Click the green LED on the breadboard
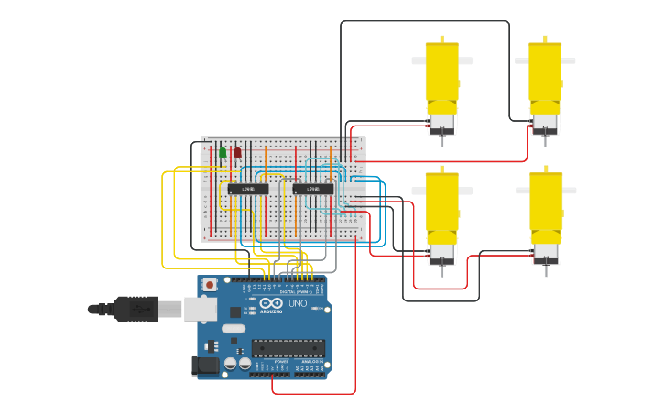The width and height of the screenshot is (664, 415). pyautogui.click(x=223, y=153)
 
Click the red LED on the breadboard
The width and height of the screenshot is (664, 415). pyautogui.click(x=237, y=153)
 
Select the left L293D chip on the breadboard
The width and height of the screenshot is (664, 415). pyautogui.click(x=248, y=189)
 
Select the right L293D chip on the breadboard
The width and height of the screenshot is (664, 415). pyautogui.click(x=313, y=189)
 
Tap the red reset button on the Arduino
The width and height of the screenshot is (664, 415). pyautogui.click(x=210, y=285)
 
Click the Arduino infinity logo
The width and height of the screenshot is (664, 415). pyautogui.click(x=271, y=303)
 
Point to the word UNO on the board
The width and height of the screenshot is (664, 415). pyautogui.click(x=298, y=303)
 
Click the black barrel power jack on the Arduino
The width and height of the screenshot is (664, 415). pyautogui.click(x=206, y=366)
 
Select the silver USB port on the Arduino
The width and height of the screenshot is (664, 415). pyautogui.click(x=200, y=310)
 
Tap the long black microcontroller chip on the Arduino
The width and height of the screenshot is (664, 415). pyautogui.click(x=288, y=347)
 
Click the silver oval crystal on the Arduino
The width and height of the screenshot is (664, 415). pyautogui.click(x=234, y=328)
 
